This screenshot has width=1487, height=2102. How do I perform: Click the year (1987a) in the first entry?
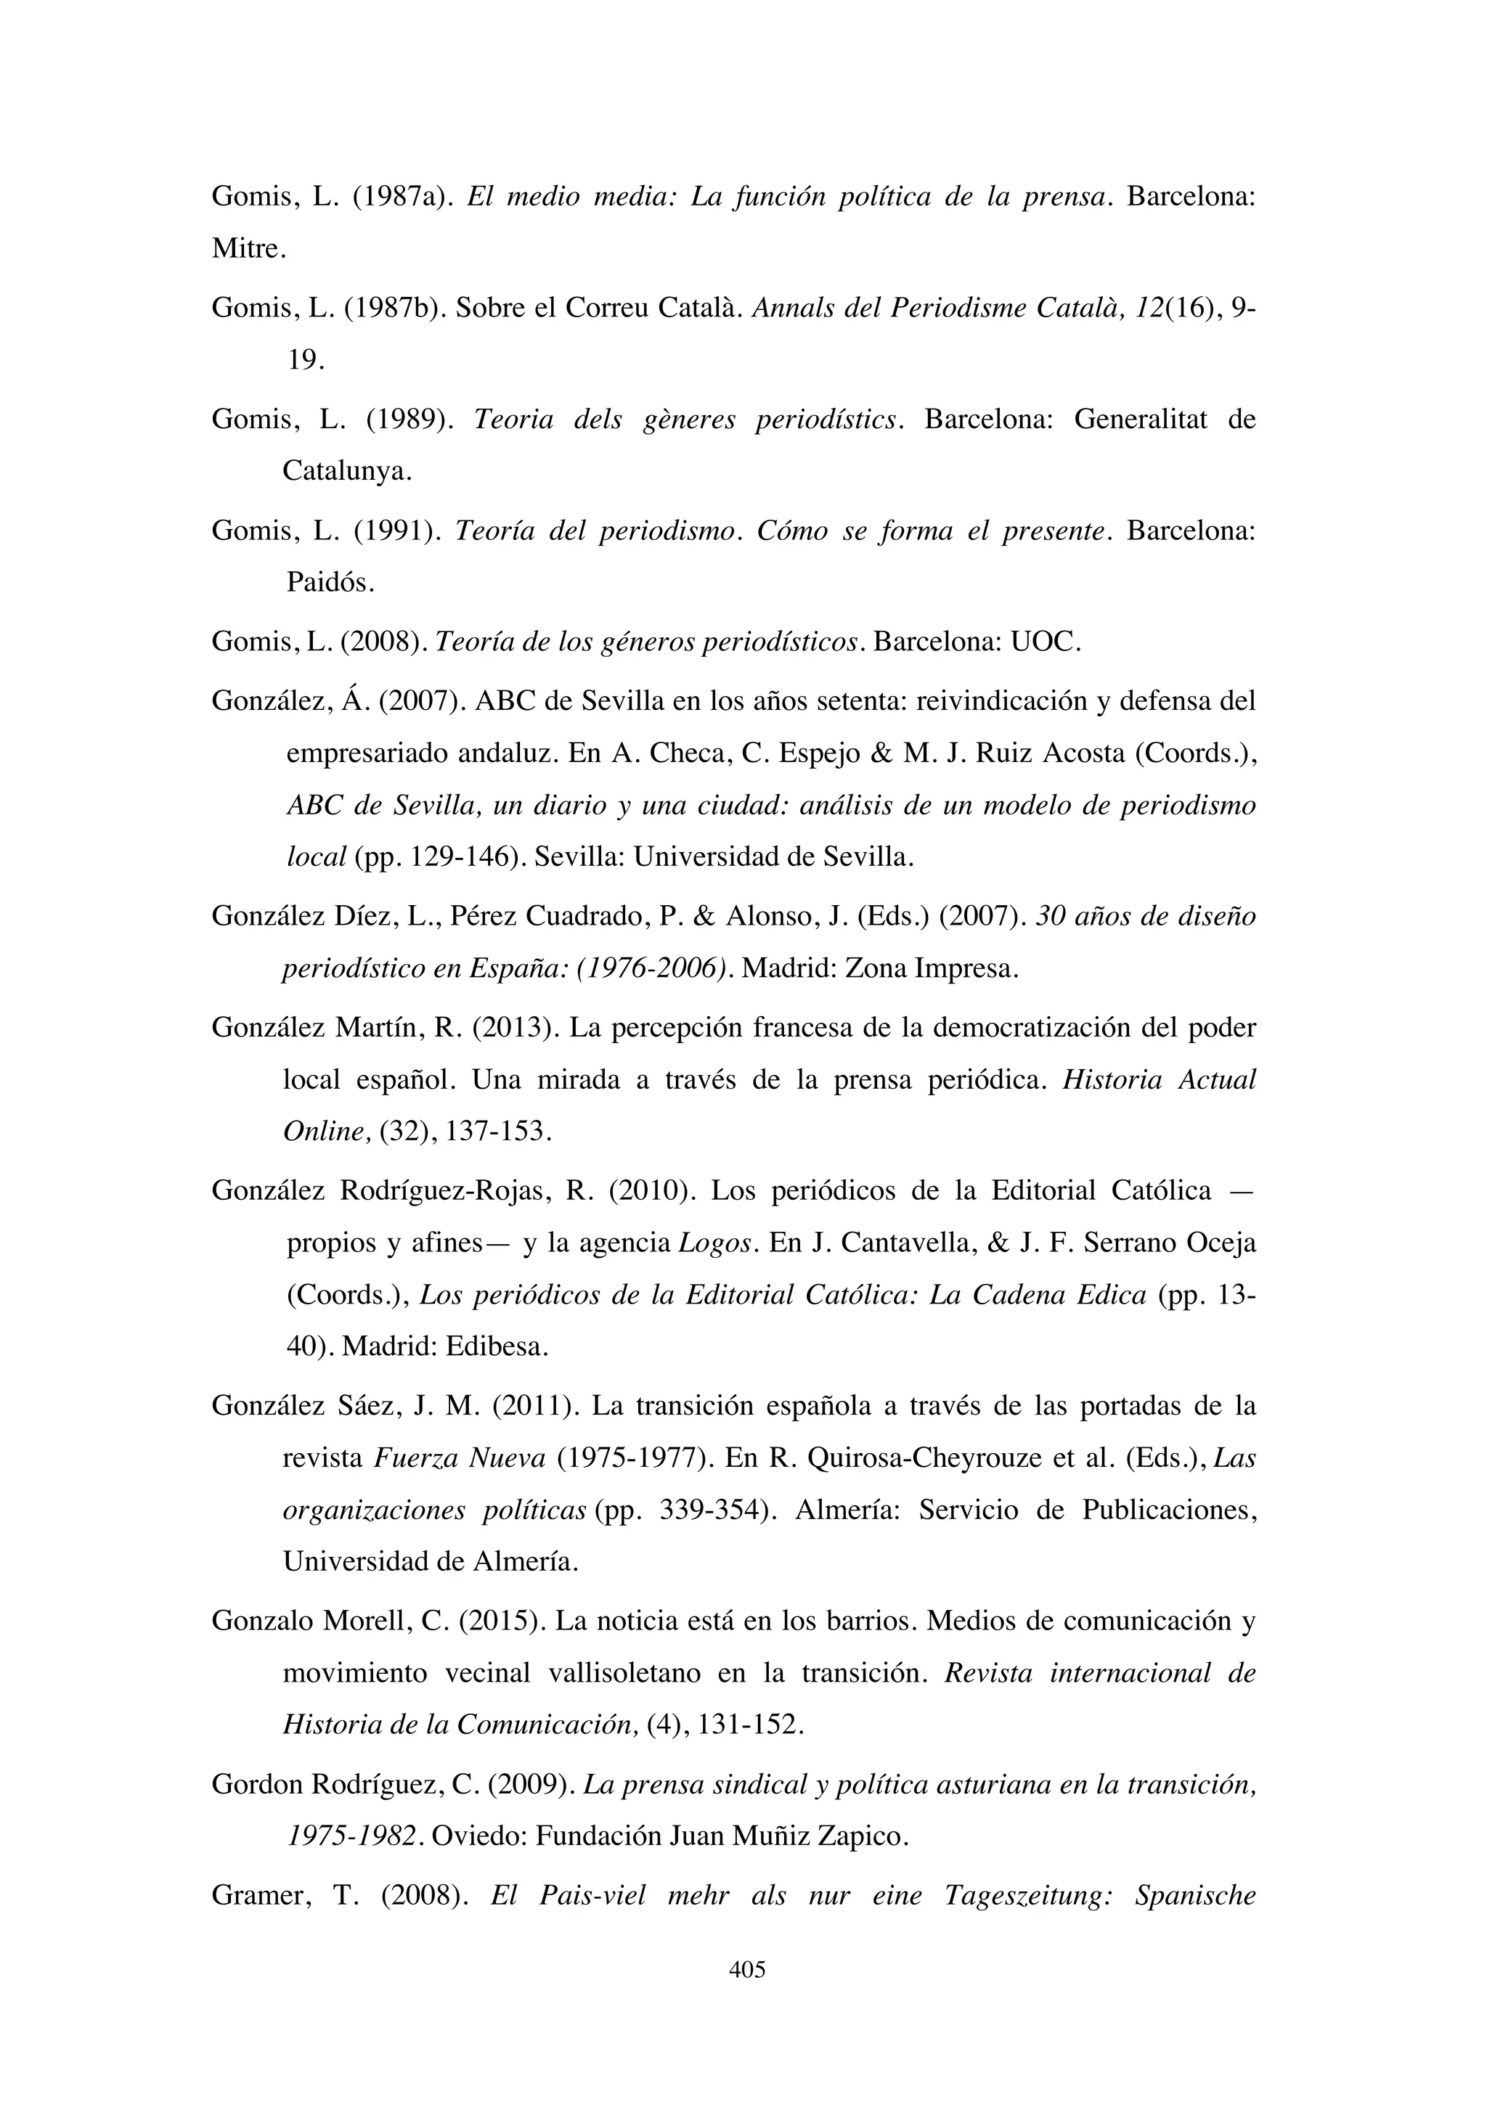tap(403, 197)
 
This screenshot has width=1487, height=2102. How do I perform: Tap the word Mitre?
tap(248, 249)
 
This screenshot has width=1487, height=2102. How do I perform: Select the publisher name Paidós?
tap(330, 582)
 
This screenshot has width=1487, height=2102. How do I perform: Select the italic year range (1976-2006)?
tap(653, 968)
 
